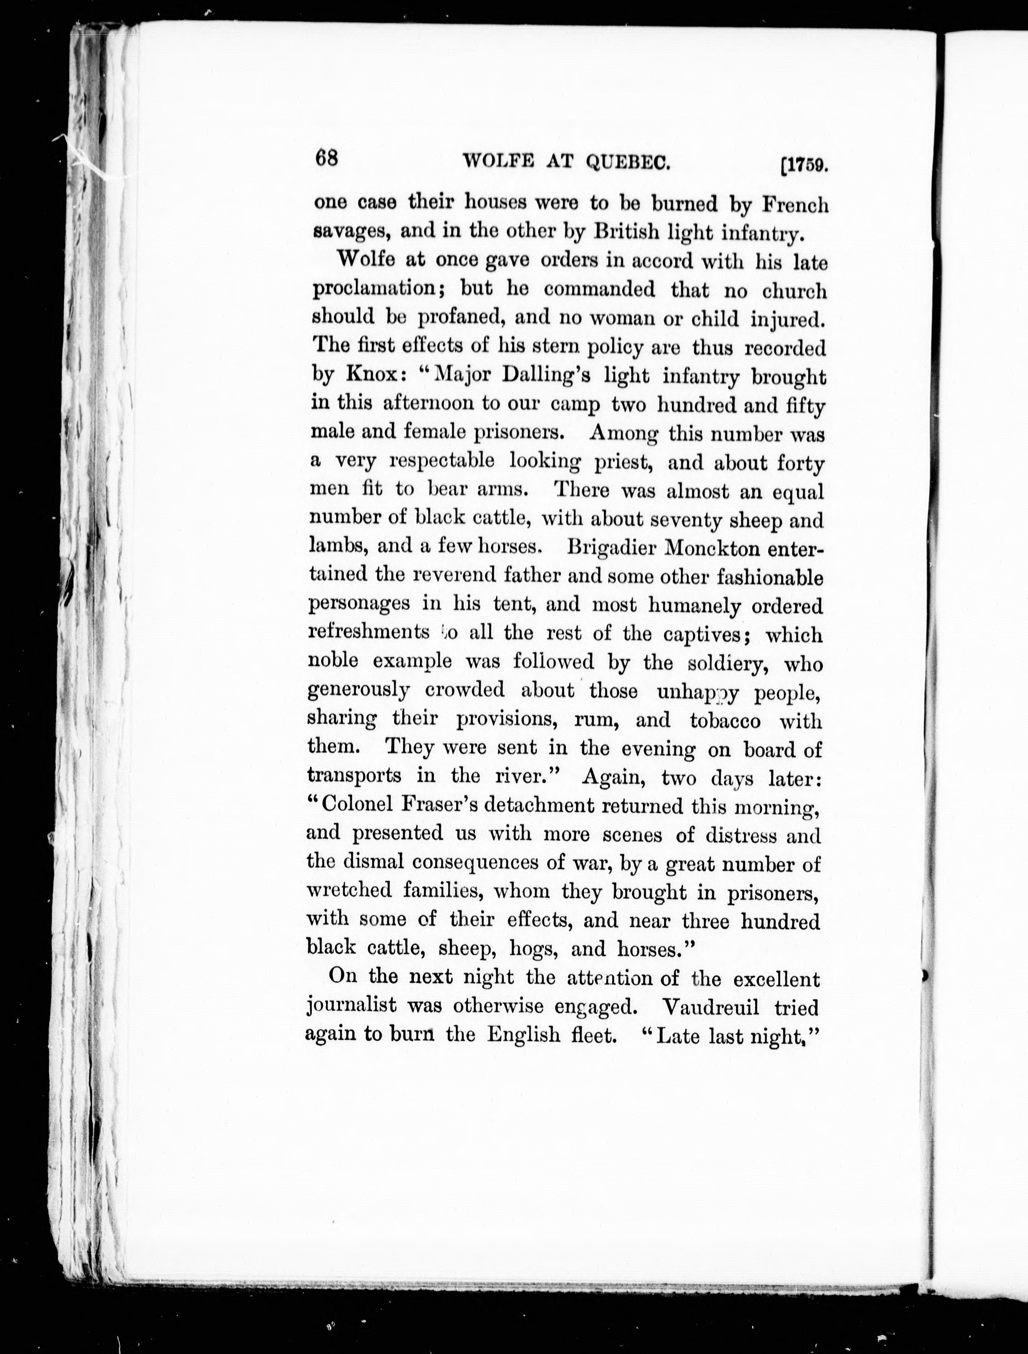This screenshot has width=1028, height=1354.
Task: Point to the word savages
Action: tap(347, 233)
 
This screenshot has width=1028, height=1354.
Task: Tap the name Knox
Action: tap(372, 374)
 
